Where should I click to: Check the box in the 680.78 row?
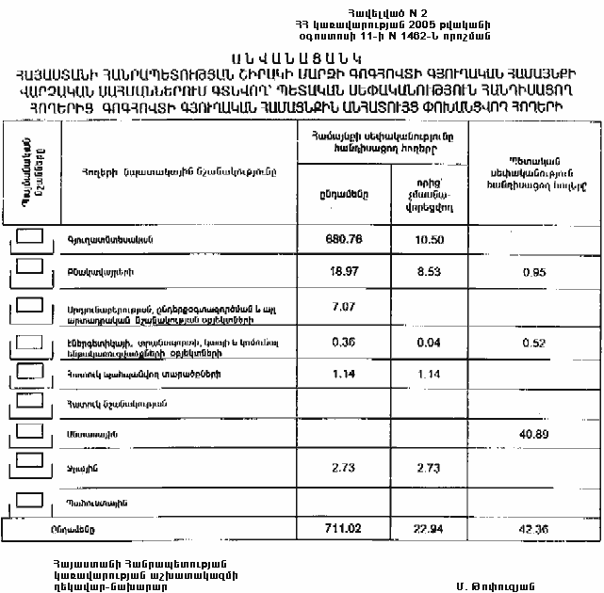[x=31, y=235]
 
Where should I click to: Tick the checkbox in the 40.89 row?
[x=31, y=429]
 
